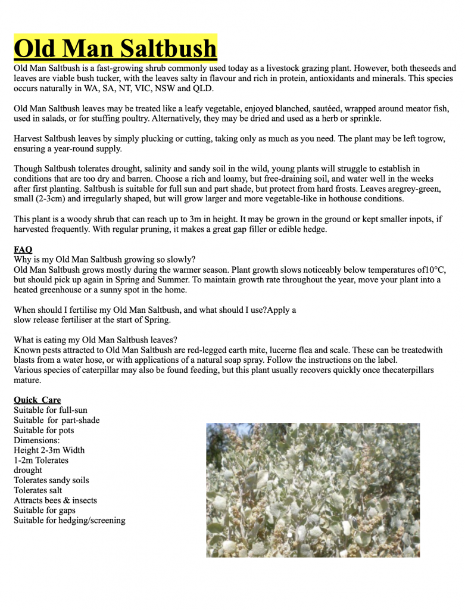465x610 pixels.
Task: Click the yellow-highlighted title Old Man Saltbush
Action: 116,48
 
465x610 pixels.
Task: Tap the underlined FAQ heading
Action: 23,250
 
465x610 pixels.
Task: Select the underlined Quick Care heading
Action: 37,400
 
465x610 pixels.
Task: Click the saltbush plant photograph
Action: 313,490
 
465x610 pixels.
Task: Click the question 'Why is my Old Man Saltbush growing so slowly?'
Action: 104,260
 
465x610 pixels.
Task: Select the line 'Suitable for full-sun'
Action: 51,410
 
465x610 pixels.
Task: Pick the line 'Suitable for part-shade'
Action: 57,420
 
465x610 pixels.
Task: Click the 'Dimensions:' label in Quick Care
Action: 41,440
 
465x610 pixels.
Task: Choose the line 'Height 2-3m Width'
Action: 49,450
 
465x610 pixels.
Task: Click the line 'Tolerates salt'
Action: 38,490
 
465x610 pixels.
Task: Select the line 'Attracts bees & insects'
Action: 55,500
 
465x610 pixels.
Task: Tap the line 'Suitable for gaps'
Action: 45,511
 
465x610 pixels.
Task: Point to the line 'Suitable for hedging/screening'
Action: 70,521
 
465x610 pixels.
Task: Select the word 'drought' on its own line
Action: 28,470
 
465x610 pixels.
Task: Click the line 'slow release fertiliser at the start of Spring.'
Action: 92,320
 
